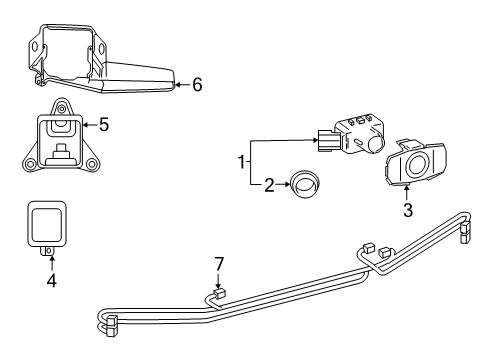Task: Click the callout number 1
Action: point(241,161)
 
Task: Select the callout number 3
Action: point(408,210)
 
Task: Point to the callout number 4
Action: point(52,281)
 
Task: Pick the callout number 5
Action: point(103,126)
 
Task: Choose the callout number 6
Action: point(196,85)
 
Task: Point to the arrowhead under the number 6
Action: point(176,85)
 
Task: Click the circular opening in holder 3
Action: point(417,165)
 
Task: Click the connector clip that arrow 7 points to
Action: point(218,296)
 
